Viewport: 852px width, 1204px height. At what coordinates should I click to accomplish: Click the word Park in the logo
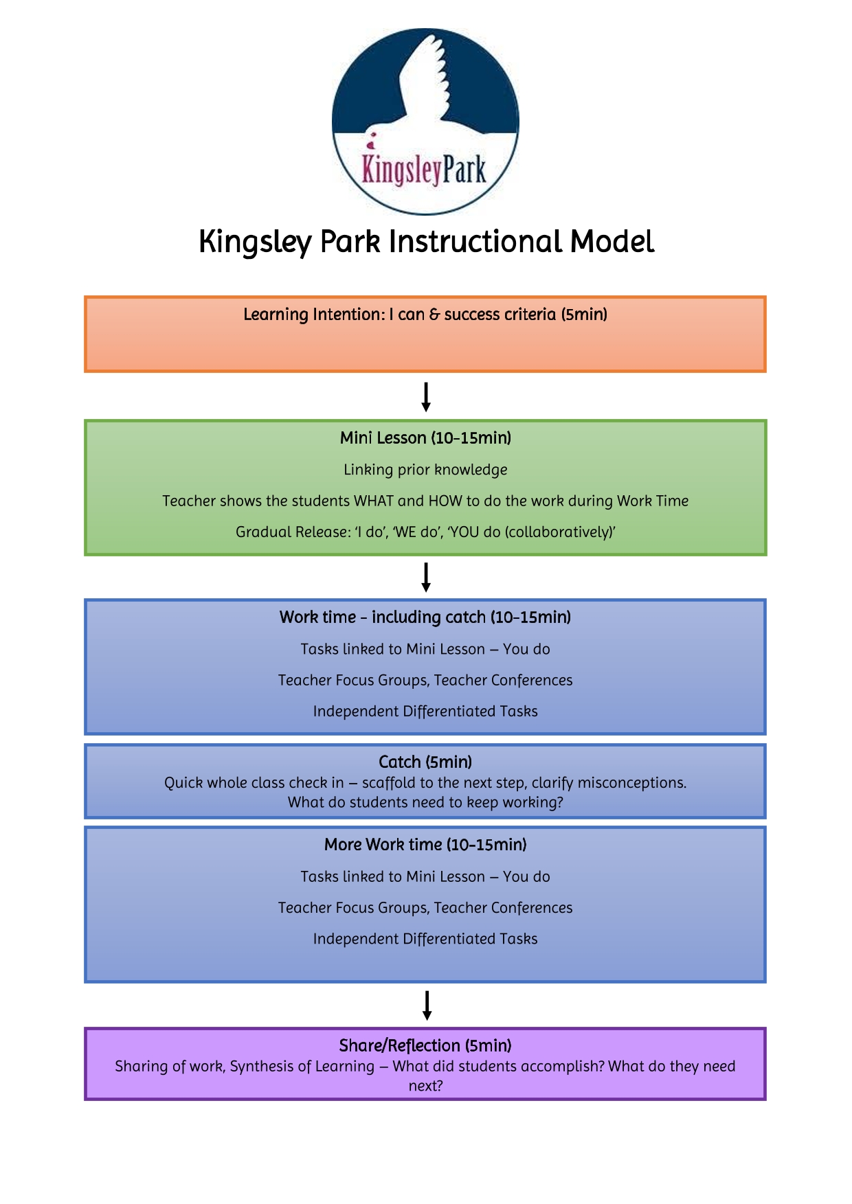pos(464,170)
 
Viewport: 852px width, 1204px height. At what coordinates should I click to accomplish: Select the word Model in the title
pos(612,242)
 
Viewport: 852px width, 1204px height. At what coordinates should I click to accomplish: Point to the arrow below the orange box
pos(426,397)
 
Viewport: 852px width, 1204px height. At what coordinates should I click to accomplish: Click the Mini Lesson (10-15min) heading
pos(425,438)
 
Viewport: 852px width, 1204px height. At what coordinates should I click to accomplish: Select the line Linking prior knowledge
pos(425,470)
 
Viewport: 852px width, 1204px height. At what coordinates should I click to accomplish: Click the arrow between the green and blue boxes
pos(426,577)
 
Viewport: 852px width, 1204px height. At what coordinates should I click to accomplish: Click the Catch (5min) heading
pos(425,762)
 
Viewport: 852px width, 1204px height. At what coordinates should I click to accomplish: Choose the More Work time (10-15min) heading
pos(425,845)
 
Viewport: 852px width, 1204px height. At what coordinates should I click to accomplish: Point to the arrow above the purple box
pos(427,1006)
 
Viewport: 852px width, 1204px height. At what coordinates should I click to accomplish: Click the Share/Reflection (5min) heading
pos(425,1045)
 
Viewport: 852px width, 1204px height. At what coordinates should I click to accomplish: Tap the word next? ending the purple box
pos(425,1086)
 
